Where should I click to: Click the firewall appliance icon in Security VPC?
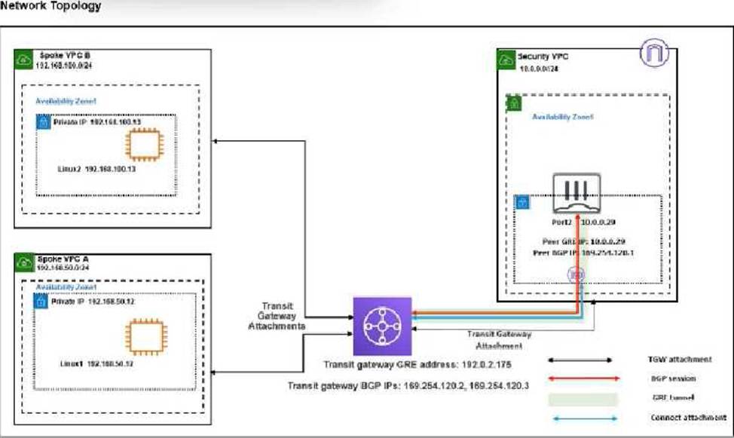[x=579, y=192]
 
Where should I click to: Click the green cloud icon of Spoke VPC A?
[x=23, y=263]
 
